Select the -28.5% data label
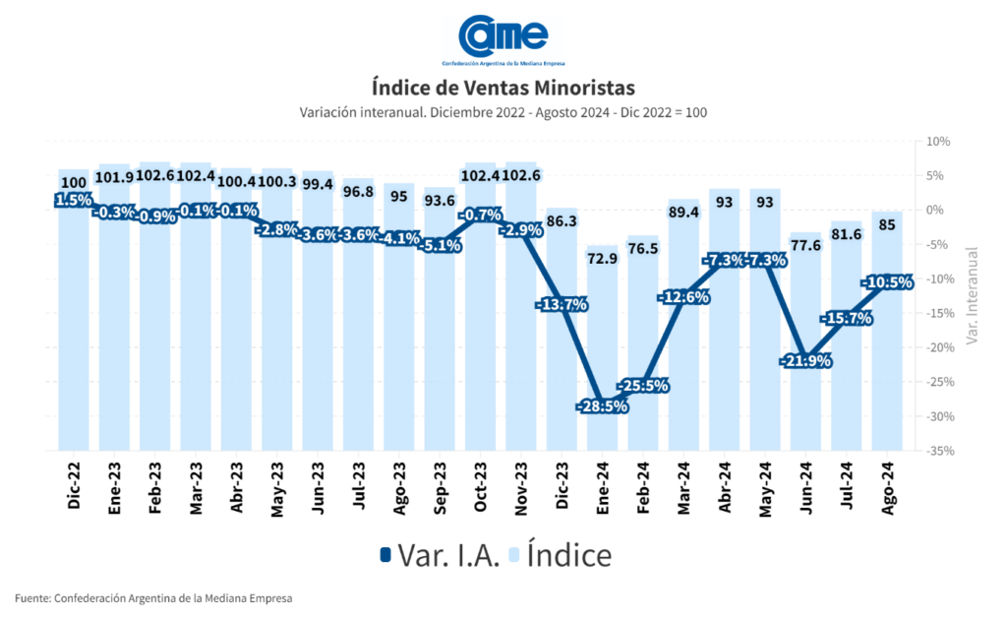pos(602,405)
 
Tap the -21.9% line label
pos(805,361)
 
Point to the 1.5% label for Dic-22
pos(74,200)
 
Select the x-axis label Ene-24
pos(603,484)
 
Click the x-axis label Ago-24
pos(887,484)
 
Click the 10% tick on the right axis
pos(936,142)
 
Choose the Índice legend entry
pos(561,555)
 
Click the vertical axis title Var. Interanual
pos(972,296)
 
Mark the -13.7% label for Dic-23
pos(562,305)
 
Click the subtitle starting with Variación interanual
pos(503,112)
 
